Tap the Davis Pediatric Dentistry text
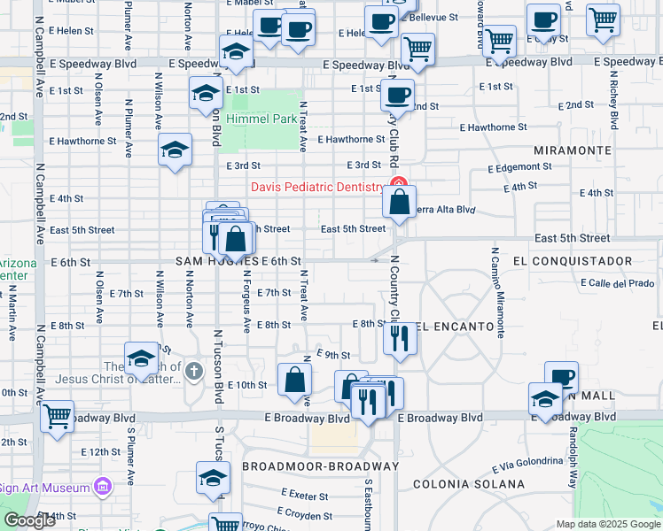click(317, 187)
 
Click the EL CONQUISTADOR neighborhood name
click(573, 261)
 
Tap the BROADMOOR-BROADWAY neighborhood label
click(320, 466)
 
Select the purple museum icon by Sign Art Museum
click(104, 487)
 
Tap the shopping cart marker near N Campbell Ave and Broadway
click(57, 414)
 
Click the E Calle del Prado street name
click(618, 283)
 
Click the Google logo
click(30, 520)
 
